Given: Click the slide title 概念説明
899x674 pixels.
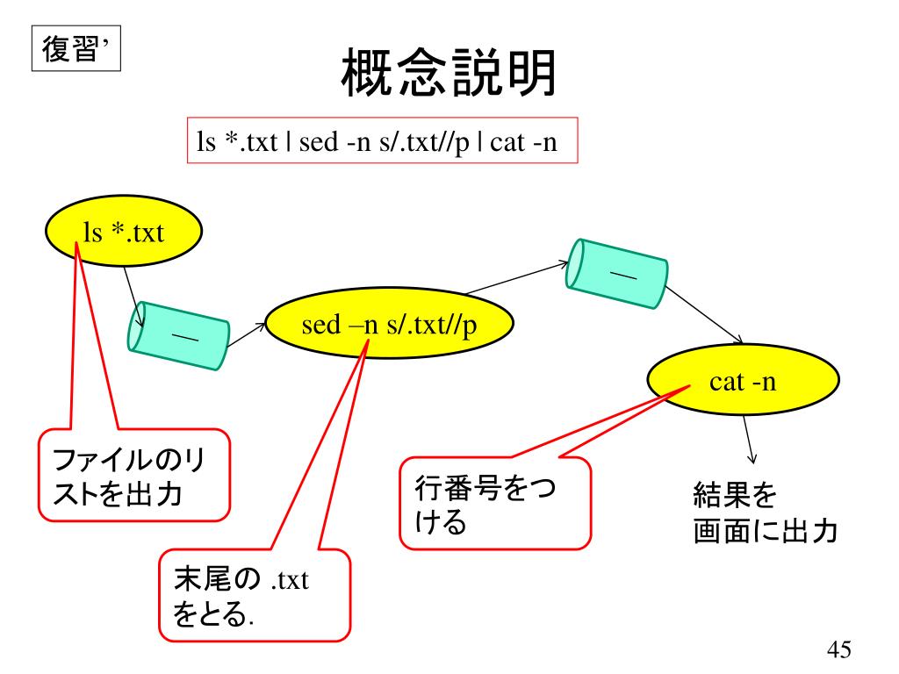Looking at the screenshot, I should point(449,75).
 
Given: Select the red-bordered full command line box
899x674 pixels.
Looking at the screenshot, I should point(384,142).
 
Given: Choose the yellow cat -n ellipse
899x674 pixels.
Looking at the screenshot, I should point(743,382).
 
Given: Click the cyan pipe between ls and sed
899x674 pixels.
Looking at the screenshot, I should point(179,334).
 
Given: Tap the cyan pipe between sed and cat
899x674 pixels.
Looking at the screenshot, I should point(615,272).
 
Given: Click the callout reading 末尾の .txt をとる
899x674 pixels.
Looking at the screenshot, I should point(255,596).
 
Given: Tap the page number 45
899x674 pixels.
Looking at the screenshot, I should point(838,650).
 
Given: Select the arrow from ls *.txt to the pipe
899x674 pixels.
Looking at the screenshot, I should point(132,287).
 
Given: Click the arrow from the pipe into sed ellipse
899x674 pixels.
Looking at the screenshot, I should point(247,332).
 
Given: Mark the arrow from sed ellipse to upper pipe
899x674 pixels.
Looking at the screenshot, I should point(518,278).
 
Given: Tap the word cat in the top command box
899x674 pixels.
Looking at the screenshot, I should point(507,143).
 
